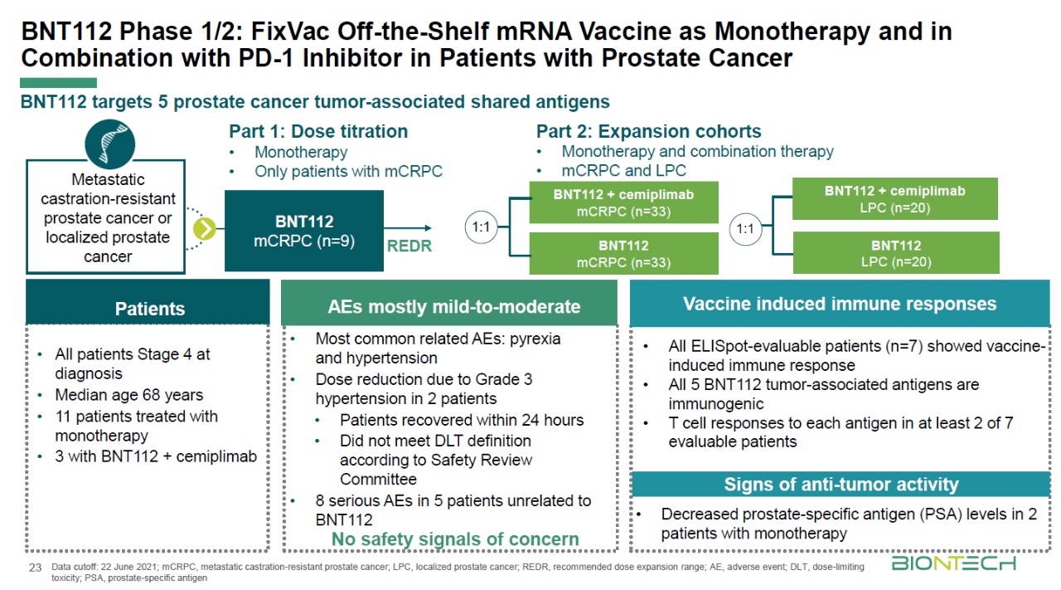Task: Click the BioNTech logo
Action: [953, 563]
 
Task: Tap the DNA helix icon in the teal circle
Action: [110, 144]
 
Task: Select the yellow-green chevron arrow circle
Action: [205, 229]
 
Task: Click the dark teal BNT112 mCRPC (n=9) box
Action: [304, 231]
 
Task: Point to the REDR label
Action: [409, 246]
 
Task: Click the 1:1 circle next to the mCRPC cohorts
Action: [481, 227]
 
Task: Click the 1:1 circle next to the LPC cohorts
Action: [745, 229]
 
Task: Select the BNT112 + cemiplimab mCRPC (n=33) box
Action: [623, 202]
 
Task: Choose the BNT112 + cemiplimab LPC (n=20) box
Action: [895, 198]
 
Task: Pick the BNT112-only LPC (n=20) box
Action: [896, 253]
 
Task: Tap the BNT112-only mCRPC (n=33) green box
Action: [623, 253]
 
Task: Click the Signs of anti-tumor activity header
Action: [841, 485]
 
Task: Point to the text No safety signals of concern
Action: [455, 539]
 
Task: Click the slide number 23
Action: [35, 568]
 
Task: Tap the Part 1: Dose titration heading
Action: [318, 131]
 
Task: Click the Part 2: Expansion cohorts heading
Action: [648, 131]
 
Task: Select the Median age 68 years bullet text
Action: [128, 395]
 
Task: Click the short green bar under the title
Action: [58, 83]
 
